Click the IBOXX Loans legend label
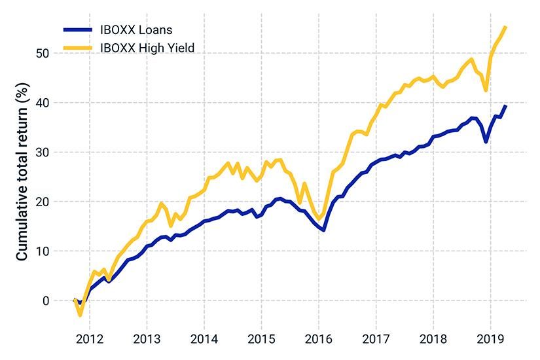135,29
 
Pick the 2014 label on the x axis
204,340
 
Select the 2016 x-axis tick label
318,340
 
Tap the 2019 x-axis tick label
490,340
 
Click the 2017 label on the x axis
376,340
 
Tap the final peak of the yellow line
505,27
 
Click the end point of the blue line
505,105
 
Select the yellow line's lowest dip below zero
81,315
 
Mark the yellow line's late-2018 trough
486,90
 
